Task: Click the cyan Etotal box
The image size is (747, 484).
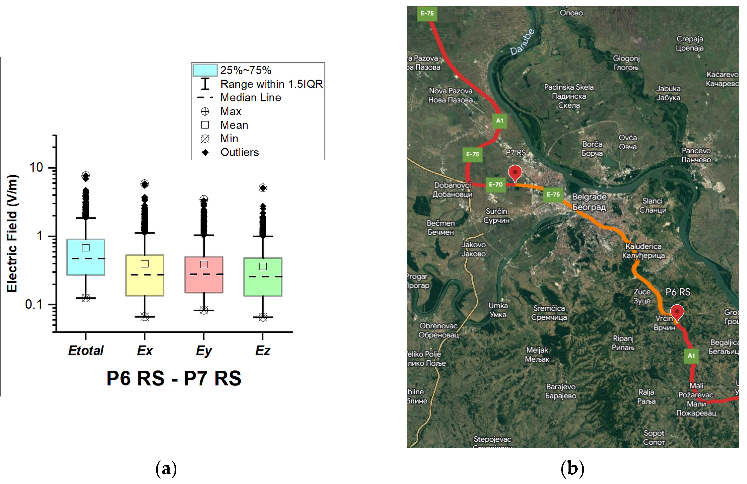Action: tap(86, 257)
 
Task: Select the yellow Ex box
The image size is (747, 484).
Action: tap(145, 275)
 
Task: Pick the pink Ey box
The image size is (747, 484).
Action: tap(204, 275)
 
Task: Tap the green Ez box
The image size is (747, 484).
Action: tap(263, 277)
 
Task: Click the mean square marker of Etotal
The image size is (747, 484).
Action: tap(86, 248)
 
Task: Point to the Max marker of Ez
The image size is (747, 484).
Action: tap(263, 188)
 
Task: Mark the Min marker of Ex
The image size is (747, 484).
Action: tap(145, 317)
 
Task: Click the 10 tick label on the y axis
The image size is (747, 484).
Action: tap(36, 168)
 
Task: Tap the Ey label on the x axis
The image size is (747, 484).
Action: tap(204, 351)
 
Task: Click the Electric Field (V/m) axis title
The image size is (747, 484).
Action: tap(12, 233)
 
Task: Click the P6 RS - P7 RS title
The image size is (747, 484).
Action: tap(174, 378)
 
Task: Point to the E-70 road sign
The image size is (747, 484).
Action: tap(496, 185)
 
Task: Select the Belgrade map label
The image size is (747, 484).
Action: tap(589, 202)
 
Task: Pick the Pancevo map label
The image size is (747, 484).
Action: tap(696, 155)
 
